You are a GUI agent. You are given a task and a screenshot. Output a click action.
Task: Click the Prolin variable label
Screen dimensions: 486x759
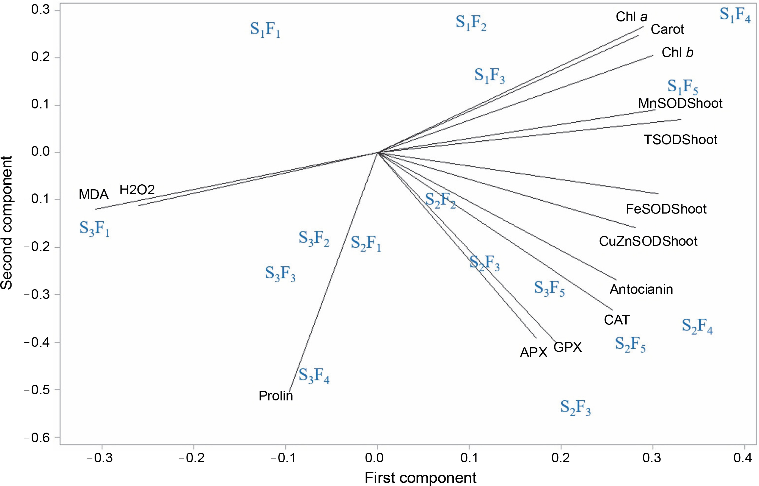click(276, 396)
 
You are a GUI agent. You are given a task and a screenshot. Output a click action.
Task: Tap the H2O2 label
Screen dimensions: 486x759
click(137, 190)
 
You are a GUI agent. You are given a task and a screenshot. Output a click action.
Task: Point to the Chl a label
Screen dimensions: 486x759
click(631, 17)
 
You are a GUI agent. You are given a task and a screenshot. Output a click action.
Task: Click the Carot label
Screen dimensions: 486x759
click(667, 29)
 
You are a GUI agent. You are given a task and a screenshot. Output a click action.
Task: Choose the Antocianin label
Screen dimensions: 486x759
click(641, 290)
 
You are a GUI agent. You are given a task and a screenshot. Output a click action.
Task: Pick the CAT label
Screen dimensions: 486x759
click(617, 320)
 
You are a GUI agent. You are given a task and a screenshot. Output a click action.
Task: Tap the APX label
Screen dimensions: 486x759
click(533, 353)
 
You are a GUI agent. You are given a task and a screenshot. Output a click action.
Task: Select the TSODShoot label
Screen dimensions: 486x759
click(680, 140)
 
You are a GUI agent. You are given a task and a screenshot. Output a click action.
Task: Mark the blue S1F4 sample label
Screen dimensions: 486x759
click(735, 15)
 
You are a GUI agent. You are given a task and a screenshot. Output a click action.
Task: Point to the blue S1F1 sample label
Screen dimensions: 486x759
click(265, 30)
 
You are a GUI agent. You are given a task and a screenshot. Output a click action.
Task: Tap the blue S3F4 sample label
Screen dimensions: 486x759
click(314, 376)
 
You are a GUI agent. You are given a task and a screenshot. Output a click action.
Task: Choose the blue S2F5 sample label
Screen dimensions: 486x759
click(630, 345)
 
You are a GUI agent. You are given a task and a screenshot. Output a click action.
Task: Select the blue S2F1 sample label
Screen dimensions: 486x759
click(366, 244)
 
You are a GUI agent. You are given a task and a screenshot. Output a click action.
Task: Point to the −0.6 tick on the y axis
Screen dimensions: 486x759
click(37, 438)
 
